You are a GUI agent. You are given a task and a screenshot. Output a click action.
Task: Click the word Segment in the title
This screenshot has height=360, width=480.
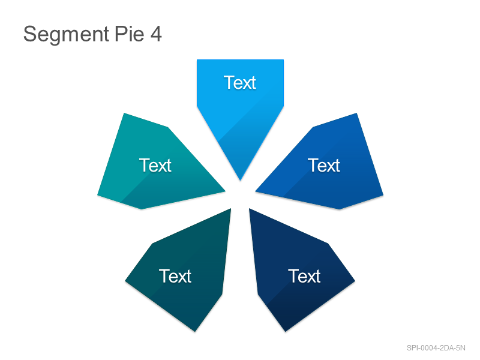pos(66,35)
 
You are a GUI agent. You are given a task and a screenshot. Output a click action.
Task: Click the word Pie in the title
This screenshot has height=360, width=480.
pos(130,34)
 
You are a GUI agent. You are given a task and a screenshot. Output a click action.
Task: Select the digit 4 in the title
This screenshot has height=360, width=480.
pos(156,34)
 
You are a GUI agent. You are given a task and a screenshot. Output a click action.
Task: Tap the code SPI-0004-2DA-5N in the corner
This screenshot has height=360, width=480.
pos(436,348)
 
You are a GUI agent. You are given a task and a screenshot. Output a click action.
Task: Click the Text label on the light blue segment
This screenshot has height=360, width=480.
pos(239,83)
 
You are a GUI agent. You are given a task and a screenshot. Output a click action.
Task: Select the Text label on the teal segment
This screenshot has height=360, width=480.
pos(155,166)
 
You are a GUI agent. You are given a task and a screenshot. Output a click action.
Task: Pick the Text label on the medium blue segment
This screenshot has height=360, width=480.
pos(324,166)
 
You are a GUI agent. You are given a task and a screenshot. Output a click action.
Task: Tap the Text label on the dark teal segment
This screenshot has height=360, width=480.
pos(175,276)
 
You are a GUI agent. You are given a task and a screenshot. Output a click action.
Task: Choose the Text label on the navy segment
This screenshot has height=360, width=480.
pos(304,276)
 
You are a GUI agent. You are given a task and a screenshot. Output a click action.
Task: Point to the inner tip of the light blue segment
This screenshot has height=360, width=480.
pos(241,181)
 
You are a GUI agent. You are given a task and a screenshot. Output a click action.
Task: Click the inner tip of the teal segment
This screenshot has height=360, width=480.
pos(226,191)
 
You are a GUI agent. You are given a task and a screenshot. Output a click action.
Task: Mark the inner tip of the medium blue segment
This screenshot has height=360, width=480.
pos(256,191)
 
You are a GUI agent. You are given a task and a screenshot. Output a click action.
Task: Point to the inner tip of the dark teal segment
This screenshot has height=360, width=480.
pos(231,209)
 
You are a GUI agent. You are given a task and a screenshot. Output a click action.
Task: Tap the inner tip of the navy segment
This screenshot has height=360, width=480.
pos(250,209)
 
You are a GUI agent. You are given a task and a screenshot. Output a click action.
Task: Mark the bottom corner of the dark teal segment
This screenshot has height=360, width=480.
pos(194,331)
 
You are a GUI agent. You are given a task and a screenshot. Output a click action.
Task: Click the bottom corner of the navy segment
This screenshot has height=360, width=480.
pos(286,331)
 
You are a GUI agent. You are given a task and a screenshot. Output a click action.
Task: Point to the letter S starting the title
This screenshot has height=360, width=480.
pos(29,34)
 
